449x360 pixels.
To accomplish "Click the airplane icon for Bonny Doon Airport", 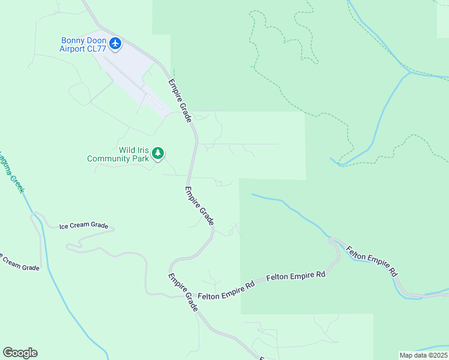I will [116, 43].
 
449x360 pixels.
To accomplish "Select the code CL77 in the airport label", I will [96, 49].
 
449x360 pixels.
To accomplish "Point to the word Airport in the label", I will [72, 49].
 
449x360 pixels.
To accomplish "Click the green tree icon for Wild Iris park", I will [158, 154].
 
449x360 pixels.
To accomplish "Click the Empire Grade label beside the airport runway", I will [179, 101].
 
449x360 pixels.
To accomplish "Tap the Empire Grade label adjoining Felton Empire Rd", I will [183, 292].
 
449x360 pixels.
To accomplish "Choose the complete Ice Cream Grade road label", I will [83, 226].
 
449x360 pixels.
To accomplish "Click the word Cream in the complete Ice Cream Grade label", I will [83, 226].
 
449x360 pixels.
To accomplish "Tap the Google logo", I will [20, 353].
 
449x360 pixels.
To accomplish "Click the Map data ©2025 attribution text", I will [423, 355].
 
